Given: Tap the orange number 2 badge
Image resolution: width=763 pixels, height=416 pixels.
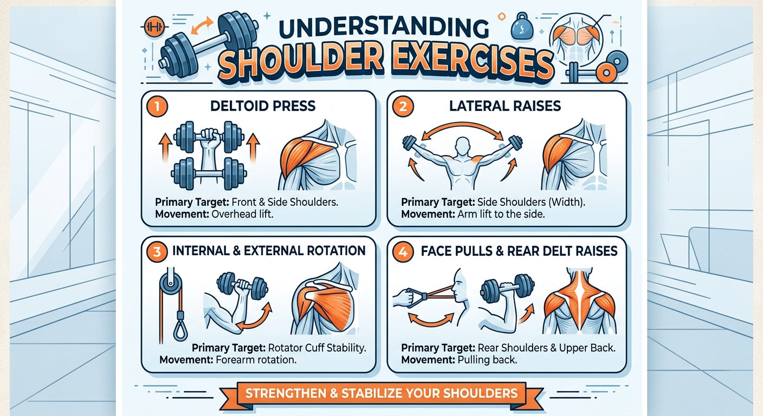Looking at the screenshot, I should [403, 107].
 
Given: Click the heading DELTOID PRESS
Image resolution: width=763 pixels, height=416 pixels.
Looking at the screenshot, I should [262, 106].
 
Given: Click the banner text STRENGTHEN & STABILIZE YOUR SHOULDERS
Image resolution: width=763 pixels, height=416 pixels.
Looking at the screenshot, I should [381, 393].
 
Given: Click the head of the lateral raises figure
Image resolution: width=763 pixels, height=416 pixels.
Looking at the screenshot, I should [462, 146].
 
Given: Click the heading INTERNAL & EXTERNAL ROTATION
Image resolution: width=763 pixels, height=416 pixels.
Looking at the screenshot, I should [268, 251].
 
